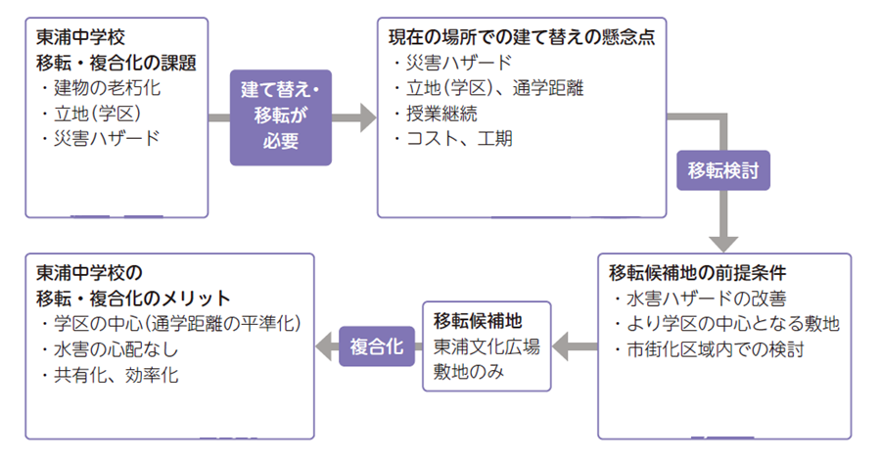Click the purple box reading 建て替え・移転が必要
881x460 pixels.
click(280, 115)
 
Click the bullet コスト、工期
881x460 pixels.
click(452, 139)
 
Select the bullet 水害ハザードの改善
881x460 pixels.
click(698, 298)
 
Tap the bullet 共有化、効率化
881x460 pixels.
click(111, 375)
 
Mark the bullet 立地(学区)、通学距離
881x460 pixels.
click(487, 89)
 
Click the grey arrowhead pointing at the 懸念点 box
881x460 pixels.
click(368, 118)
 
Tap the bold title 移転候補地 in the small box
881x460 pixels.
click(479, 320)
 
